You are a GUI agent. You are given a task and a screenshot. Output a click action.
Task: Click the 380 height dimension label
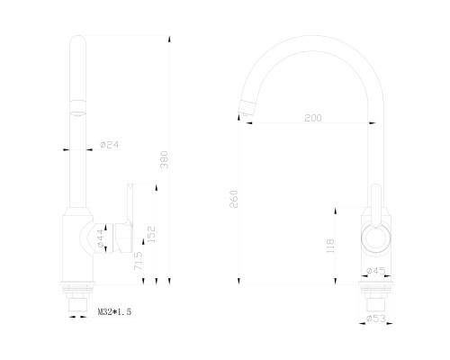pyautogui.click(x=165, y=160)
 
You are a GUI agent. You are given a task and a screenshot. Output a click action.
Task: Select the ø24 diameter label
pyautogui.click(x=110, y=145)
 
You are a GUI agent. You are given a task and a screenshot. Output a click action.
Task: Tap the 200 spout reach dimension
pyautogui.click(x=313, y=118)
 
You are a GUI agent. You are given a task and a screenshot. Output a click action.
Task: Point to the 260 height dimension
pyautogui.click(x=233, y=199)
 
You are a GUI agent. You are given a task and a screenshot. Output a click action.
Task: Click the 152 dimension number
pyautogui.click(x=152, y=234)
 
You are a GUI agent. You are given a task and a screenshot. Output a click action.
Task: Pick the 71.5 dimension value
pyautogui.click(x=139, y=261)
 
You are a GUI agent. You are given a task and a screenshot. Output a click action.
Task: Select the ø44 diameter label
pyautogui.click(x=101, y=238)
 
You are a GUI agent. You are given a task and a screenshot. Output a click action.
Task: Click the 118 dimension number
pyautogui.click(x=330, y=246)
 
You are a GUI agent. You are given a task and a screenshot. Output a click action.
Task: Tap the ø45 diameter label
pyautogui.click(x=376, y=271)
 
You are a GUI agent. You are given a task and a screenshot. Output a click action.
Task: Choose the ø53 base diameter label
pyautogui.click(x=376, y=319)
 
